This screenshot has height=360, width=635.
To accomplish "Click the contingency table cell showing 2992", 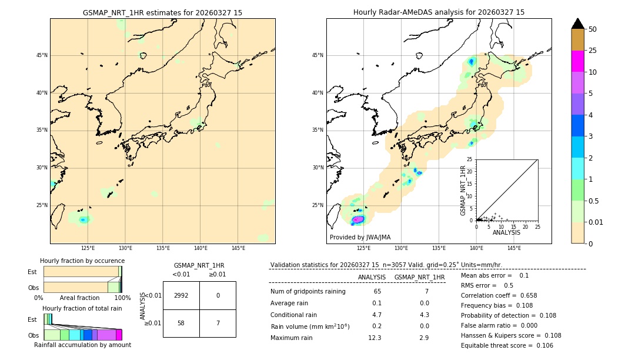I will coord(181,295).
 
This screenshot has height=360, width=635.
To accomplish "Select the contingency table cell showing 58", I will coord(181,323).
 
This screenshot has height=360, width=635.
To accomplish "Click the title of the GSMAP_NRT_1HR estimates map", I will coord(162,12).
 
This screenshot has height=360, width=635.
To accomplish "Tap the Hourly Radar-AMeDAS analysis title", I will coord(439,12).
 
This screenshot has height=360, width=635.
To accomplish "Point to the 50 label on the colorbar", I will coord(593,29).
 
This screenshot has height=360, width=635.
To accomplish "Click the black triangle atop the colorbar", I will coord(578,24).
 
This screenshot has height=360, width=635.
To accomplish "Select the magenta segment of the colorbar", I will coord(578,61).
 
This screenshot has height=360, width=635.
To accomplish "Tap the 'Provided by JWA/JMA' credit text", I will coord(360,237).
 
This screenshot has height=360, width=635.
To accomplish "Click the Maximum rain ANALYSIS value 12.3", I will coord(375,338).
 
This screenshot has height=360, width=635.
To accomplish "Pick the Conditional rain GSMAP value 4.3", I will coord(425,315).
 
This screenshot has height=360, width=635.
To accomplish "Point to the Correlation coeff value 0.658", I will coord(525,295).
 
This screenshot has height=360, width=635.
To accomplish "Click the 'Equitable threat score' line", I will coord(507,345).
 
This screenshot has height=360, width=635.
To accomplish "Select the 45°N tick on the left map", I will coord(42,55).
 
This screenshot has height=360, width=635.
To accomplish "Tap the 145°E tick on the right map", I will coord(514,248).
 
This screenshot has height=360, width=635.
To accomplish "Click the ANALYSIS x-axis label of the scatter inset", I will coord(506,232).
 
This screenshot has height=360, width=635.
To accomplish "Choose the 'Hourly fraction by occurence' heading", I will coord(82,261).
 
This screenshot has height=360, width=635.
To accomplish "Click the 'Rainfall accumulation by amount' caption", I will coord(82,345).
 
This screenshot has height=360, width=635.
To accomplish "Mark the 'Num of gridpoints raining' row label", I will coord(308,292).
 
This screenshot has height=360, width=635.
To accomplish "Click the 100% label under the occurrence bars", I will coord(122,298).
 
